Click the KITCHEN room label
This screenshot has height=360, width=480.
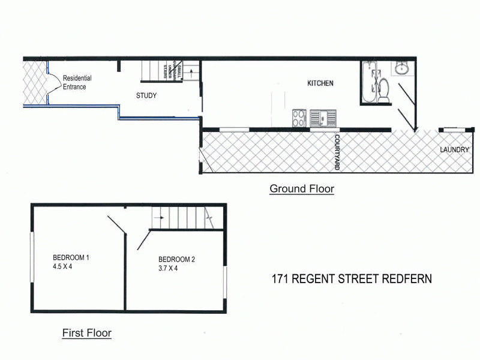click(320, 83)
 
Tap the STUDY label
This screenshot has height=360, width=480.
click(147, 95)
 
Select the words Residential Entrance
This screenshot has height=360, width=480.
click(75, 83)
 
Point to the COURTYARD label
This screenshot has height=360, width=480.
click(337, 152)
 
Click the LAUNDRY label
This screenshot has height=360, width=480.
click(454, 149)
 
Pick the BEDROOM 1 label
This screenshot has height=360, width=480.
click(71, 257)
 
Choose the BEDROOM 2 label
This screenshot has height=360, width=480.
click(173, 260)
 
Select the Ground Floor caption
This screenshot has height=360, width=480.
click(302, 189)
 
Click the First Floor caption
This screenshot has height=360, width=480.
click(87, 332)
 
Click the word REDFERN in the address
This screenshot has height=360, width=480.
click(410, 279)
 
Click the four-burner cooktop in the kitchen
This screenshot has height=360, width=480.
click(299, 118)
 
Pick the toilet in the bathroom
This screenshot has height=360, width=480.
click(385, 90)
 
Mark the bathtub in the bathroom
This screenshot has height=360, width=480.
click(368, 81)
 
